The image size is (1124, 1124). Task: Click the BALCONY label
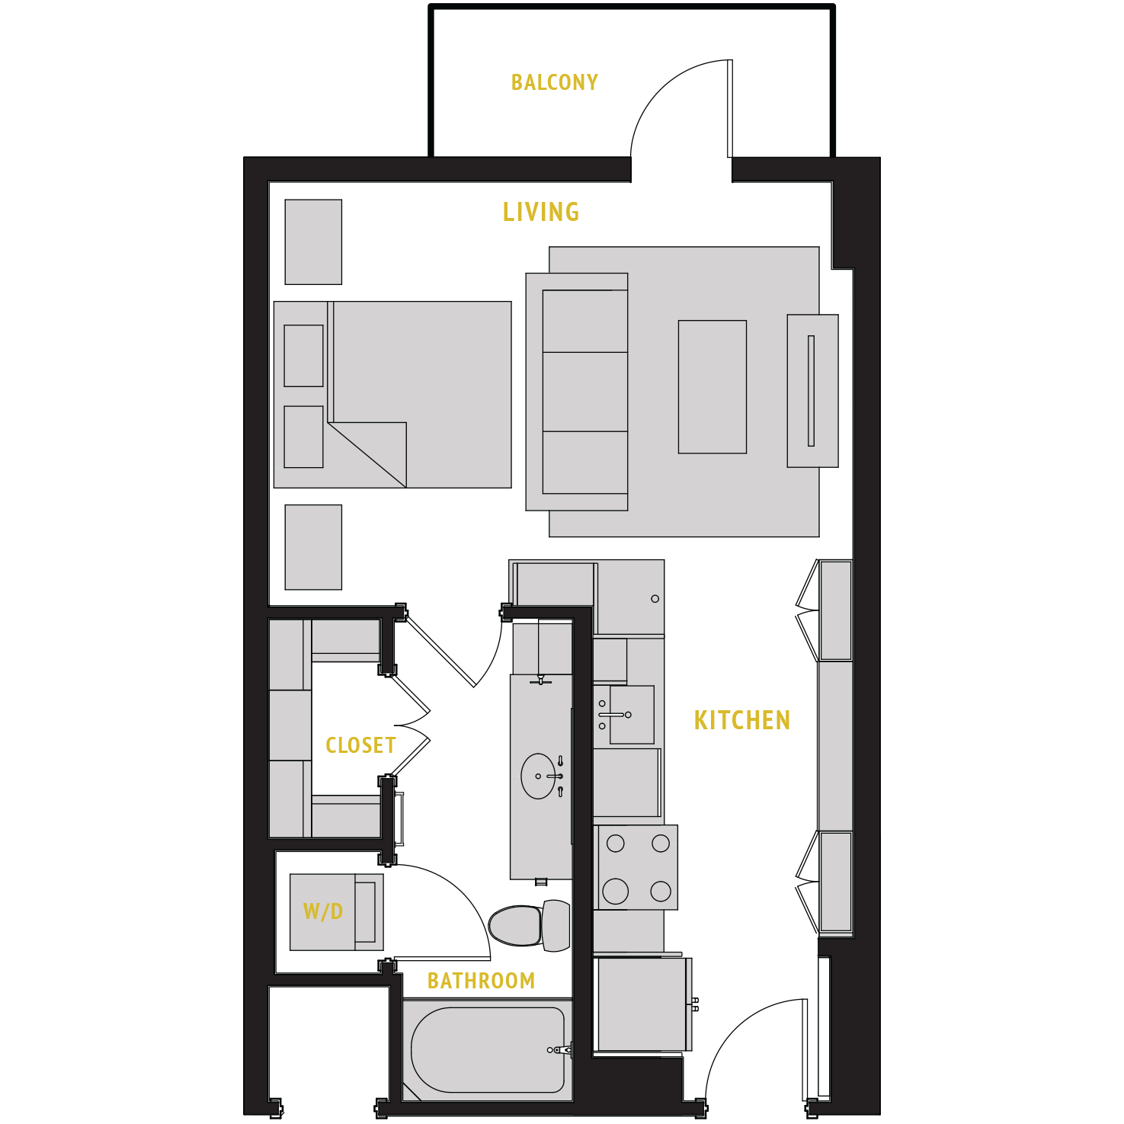(554, 82)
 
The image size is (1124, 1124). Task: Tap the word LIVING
(541, 212)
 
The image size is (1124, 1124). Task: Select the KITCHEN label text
(741, 720)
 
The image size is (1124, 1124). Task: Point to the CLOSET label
(360, 745)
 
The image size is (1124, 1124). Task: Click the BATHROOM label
(481, 981)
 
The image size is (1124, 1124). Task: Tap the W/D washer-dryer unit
(335, 911)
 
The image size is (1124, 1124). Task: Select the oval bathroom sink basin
(538, 776)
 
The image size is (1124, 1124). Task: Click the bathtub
(488, 1050)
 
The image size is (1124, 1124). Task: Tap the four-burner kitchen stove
(637, 867)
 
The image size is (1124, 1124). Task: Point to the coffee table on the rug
(713, 387)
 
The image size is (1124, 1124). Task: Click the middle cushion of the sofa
(585, 392)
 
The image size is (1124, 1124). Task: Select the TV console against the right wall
(812, 391)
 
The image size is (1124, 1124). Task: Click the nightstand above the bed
(313, 242)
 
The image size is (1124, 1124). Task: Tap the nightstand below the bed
(313, 547)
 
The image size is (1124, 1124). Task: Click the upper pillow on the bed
(303, 356)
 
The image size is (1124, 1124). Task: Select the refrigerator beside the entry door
(644, 1004)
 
